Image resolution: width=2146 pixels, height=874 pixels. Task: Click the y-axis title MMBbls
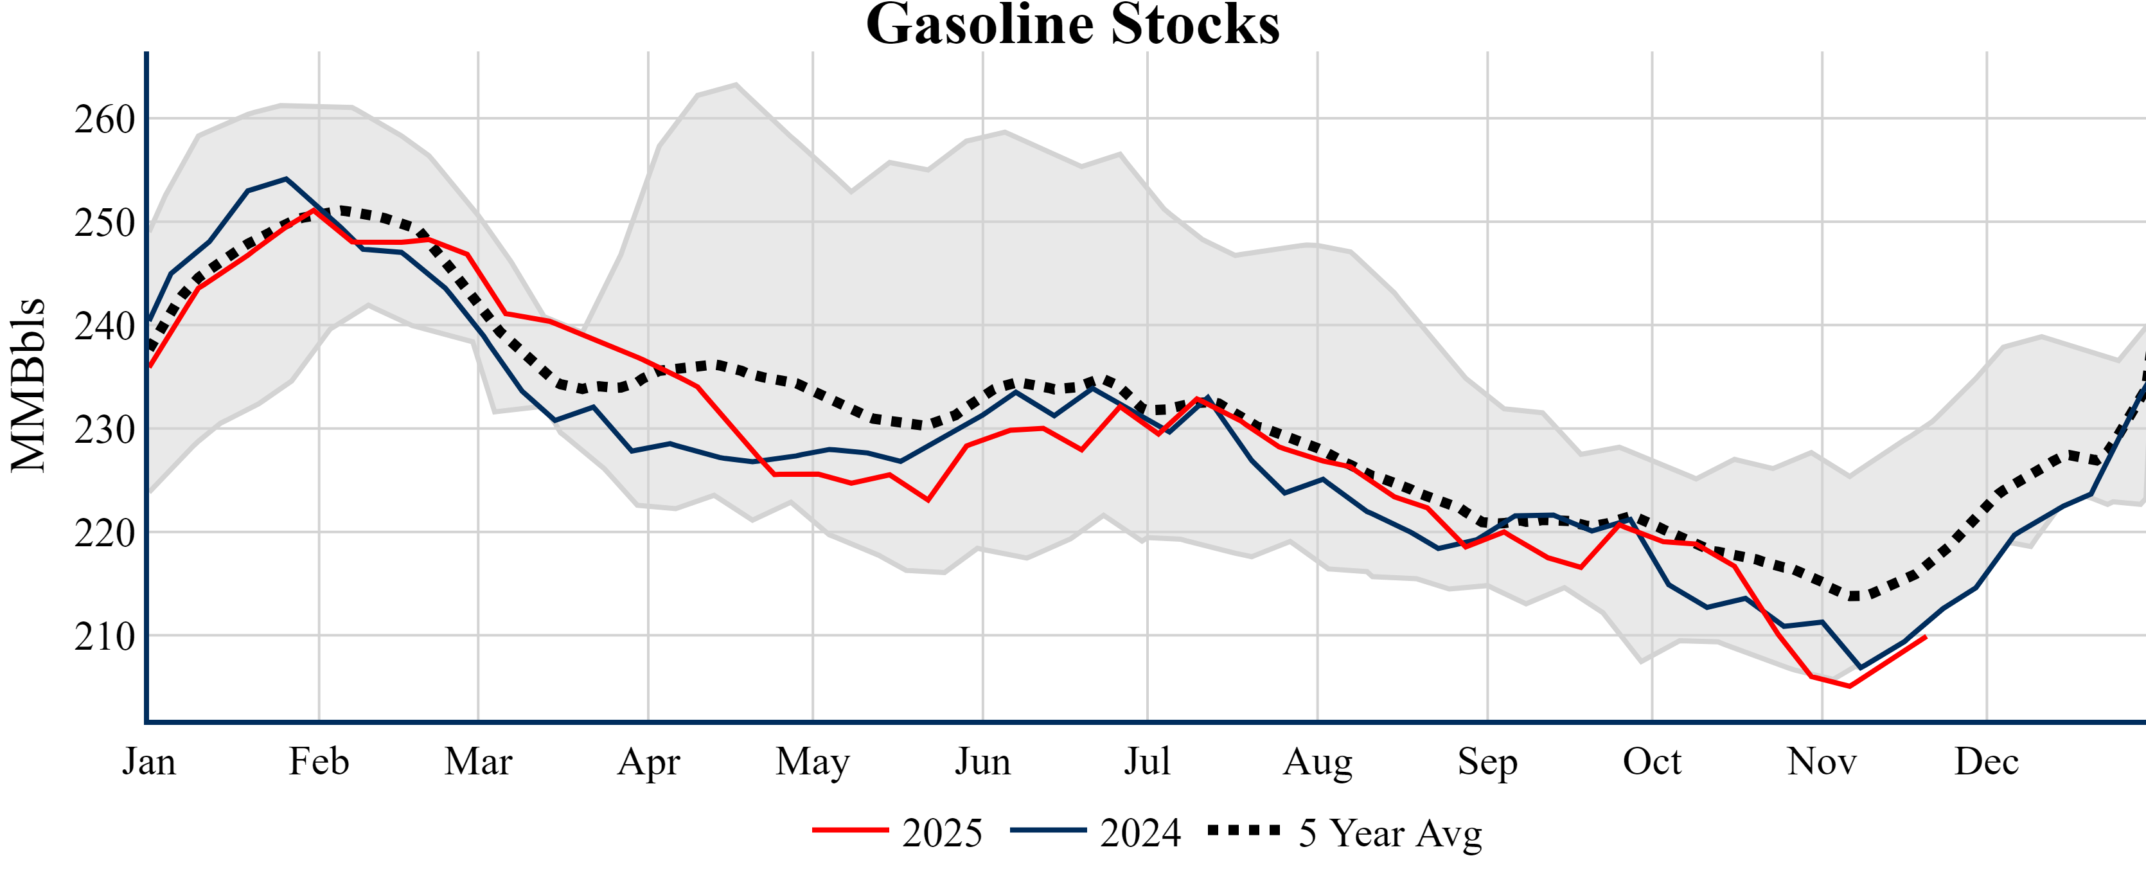28,385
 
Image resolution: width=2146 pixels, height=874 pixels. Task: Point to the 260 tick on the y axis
105,119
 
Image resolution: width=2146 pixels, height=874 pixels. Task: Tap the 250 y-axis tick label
105,222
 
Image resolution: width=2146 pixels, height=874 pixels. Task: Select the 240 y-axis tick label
105,326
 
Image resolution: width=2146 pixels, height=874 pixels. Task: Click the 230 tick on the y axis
105,430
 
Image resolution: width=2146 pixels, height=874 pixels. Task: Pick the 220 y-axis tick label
105,533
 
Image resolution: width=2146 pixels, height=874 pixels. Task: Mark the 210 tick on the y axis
105,637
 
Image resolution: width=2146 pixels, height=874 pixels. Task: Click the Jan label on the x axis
148,762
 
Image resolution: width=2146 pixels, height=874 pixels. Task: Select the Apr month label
648,762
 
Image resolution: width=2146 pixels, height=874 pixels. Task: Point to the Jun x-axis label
982,762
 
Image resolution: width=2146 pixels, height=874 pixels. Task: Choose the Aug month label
1317,762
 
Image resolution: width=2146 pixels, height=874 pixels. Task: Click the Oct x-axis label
1652,762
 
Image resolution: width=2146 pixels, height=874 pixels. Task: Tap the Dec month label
1986,762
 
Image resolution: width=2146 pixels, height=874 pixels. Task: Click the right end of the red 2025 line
1925,637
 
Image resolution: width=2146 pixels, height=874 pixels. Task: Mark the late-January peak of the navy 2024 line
286,178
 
